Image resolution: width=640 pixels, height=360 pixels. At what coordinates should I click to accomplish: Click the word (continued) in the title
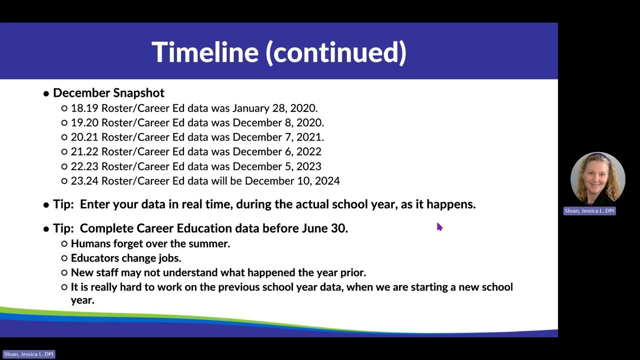tap(336, 52)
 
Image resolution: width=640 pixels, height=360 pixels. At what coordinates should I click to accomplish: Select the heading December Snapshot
tap(108, 93)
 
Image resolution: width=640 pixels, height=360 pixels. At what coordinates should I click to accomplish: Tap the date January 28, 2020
tap(275, 108)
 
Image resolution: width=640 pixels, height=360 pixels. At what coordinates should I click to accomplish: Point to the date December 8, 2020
tap(278, 123)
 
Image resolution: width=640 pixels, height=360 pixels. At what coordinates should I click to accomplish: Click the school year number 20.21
tap(84, 137)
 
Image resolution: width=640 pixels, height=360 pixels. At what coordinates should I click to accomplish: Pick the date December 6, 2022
tap(277, 151)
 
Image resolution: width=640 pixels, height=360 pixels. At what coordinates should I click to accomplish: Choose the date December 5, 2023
tap(277, 166)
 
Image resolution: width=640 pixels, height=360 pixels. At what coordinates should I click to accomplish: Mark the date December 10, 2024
tap(292, 181)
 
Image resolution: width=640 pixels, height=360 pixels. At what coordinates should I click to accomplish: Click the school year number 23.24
tap(84, 181)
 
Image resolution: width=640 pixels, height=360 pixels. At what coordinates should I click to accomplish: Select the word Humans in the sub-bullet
tap(90, 243)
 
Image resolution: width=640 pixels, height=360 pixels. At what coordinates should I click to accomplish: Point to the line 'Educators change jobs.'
tap(126, 258)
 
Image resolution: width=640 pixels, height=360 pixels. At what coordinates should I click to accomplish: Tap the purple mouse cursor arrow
tap(439, 227)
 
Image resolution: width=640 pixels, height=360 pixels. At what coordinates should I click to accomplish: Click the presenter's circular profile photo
tap(597, 179)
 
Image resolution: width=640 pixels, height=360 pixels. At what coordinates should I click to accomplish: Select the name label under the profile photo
tap(589, 211)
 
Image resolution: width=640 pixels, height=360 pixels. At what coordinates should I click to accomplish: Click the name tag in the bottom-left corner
tap(29, 354)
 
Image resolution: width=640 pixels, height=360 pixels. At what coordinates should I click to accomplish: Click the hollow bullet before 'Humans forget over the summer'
tap(64, 243)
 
